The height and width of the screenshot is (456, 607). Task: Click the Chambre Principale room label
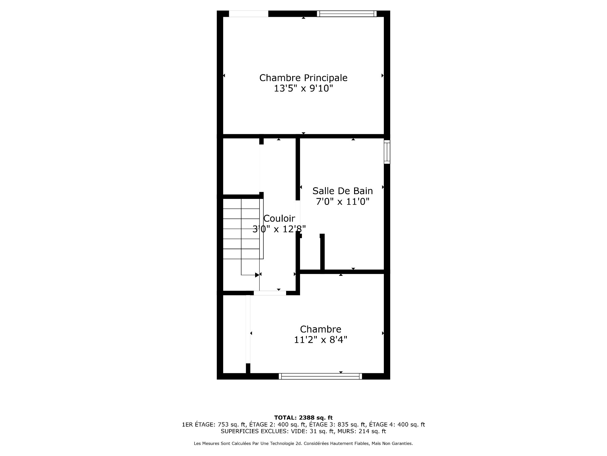coord(303,78)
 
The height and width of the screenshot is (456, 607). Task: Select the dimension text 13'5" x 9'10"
coord(303,89)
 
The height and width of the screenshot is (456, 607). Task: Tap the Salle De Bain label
coord(342,191)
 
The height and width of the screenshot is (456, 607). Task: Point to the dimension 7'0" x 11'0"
coord(342,202)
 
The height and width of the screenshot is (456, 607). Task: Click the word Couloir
coord(279,218)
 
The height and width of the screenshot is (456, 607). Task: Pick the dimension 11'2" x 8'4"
coord(320,340)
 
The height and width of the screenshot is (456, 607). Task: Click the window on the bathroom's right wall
coord(387,152)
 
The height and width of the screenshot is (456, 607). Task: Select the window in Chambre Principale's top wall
coord(346,14)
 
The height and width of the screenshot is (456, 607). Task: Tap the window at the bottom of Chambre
coord(320,376)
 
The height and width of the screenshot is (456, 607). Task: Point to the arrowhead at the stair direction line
coord(257,275)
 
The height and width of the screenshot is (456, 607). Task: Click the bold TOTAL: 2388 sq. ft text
coord(303,418)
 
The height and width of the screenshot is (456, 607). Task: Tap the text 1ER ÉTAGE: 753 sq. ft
coord(214,425)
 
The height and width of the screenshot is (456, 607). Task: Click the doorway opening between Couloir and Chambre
coord(270,293)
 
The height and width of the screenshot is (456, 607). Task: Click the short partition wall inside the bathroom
coord(322,252)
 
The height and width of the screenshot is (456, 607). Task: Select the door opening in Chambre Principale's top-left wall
coord(248,14)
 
